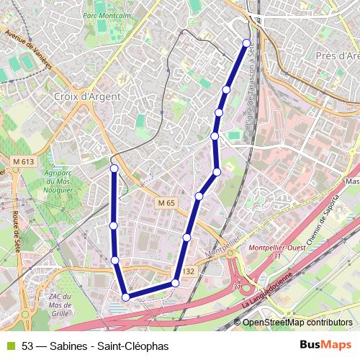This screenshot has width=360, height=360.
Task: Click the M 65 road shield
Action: (166, 204)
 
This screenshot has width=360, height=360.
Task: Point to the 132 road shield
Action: (189, 271)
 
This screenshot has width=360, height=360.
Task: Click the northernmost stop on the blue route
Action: (247, 42)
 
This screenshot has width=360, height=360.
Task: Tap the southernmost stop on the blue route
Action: (126, 297)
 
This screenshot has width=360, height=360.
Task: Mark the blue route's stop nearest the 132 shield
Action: (175, 283)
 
